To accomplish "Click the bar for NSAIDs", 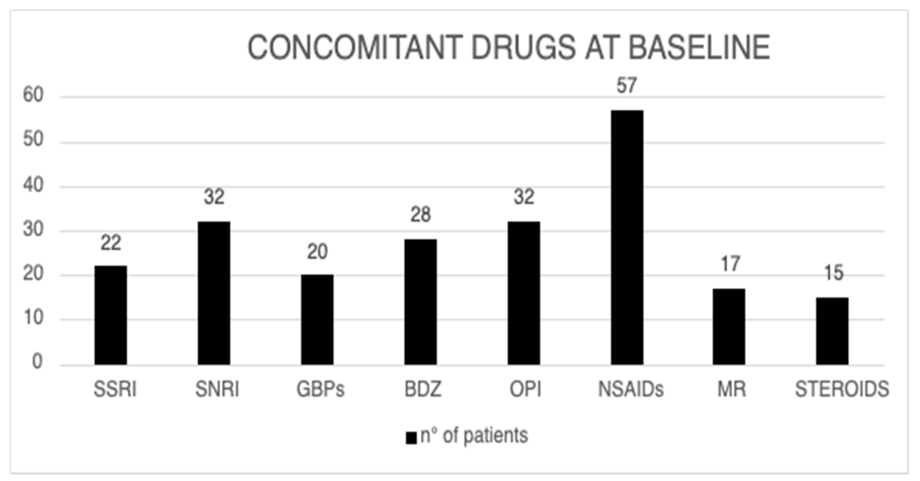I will pyautogui.click(x=627, y=238).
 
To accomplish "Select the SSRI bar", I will pyautogui.click(x=110, y=315).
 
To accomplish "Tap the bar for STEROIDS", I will pyautogui.click(x=832, y=331).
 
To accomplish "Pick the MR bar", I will pyautogui.click(x=729, y=326).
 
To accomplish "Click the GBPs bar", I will pyautogui.click(x=317, y=320).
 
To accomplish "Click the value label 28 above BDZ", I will pyautogui.click(x=420, y=215).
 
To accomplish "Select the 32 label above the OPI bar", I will pyautogui.click(x=524, y=197).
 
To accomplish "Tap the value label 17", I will pyautogui.click(x=730, y=264).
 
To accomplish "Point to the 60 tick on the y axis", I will pyautogui.click(x=33, y=95).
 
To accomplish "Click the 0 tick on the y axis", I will pyautogui.click(x=37, y=362).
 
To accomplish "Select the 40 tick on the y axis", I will pyautogui.click(x=33, y=185).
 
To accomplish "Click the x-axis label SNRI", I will pyautogui.click(x=217, y=389).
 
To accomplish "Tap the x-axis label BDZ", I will pyautogui.click(x=423, y=389).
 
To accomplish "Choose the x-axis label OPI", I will pyautogui.click(x=525, y=389).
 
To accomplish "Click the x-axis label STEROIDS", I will pyautogui.click(x=842, y=389).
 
